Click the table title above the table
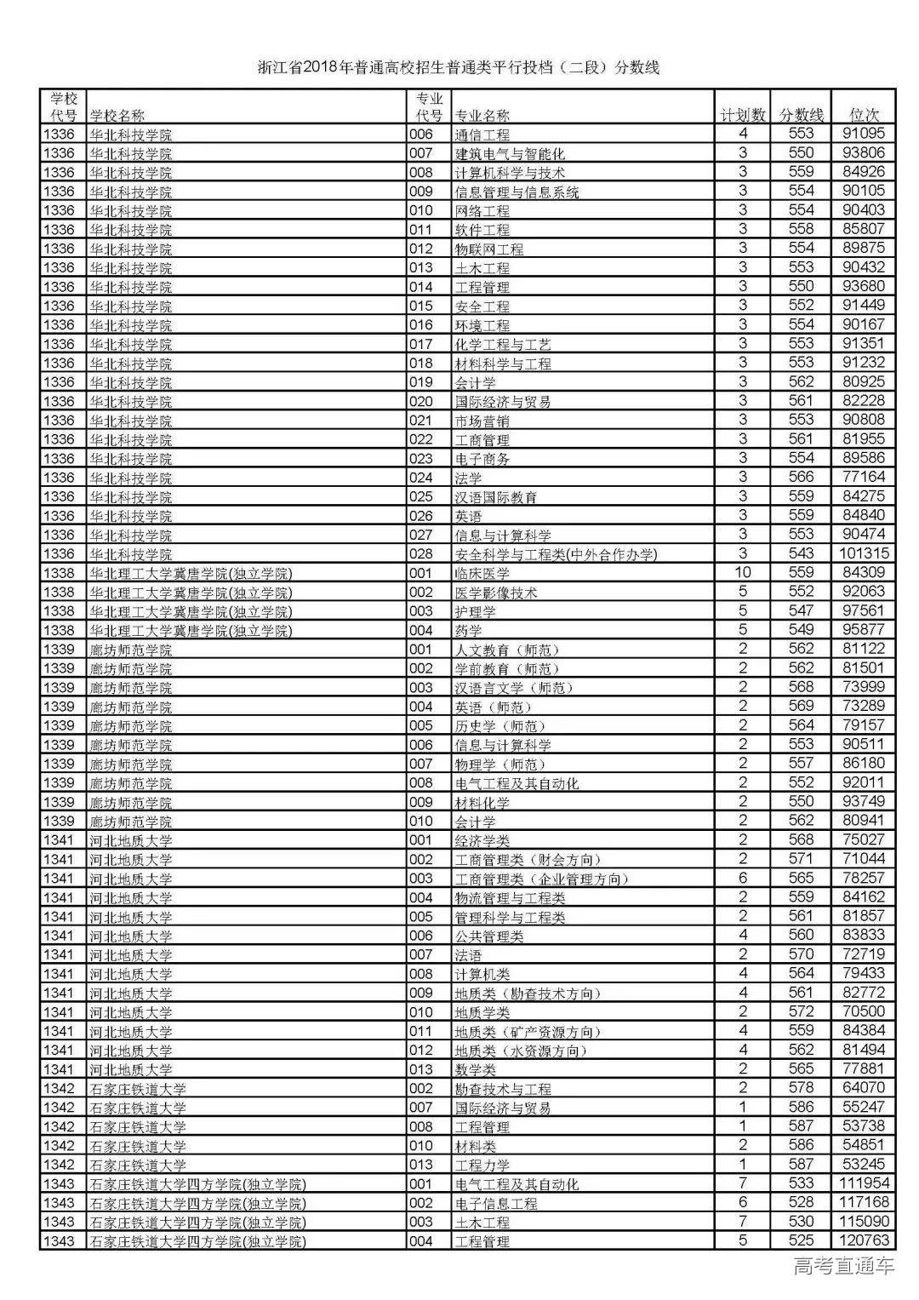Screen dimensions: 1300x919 [x=459, y=68]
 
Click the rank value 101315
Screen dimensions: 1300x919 [x=864, y=553]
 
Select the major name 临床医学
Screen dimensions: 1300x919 [x=482, y=573]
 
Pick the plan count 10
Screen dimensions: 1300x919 [x=743, y=572]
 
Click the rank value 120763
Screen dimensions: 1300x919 [x=864, y=1240]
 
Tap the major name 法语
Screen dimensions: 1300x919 [x=469, y=955]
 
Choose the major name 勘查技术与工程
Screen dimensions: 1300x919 [x=503, y=1089]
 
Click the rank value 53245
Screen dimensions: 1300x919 [x=864, y=1164]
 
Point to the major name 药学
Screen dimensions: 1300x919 [x=469, y=631]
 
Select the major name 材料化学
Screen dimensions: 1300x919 [x=482, y=803]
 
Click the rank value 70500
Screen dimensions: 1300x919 [x=864, y=1011]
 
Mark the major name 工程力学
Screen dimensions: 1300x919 [x=482, y=1165]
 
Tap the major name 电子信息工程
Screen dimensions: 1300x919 [x=496, y=1204]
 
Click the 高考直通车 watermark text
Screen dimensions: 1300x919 [x=843, y=1267]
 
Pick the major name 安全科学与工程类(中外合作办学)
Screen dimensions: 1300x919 [x=557, y=555]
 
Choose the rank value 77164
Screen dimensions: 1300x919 [x=864, y=477]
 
